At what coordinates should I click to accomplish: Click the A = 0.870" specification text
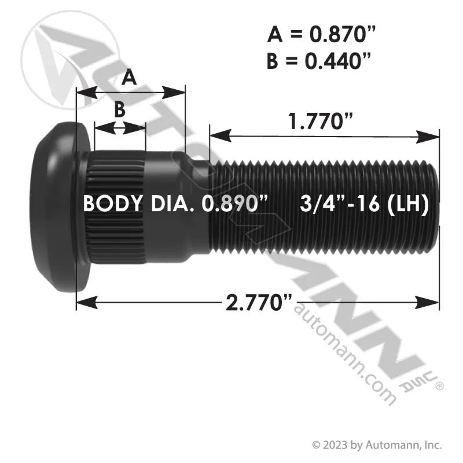(321, 34)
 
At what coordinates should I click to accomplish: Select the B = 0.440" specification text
(318, 61)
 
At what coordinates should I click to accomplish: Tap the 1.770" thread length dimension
(321, 121)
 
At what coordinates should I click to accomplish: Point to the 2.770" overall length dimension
(258, 302)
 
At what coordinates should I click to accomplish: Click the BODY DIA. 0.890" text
(176, 204)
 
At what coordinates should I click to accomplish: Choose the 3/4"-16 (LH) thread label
(364, 204)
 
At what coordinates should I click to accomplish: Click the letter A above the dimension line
(129, 78)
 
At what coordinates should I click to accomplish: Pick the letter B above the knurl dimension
(120, 109)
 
